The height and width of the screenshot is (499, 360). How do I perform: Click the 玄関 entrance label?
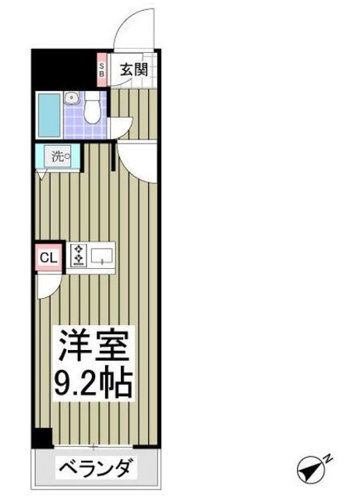[132, 69]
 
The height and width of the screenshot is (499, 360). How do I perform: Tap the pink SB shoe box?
[101, 70]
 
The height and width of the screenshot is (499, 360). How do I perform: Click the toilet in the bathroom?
[94, 108]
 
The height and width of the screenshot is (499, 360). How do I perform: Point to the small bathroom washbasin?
[72, 99]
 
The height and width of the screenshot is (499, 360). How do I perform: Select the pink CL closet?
[46, 257]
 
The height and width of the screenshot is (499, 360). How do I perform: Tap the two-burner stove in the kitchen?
[79, 255]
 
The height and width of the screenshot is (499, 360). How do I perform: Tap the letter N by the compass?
[327, 459]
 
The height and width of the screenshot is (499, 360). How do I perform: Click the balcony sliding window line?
[94, 448]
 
